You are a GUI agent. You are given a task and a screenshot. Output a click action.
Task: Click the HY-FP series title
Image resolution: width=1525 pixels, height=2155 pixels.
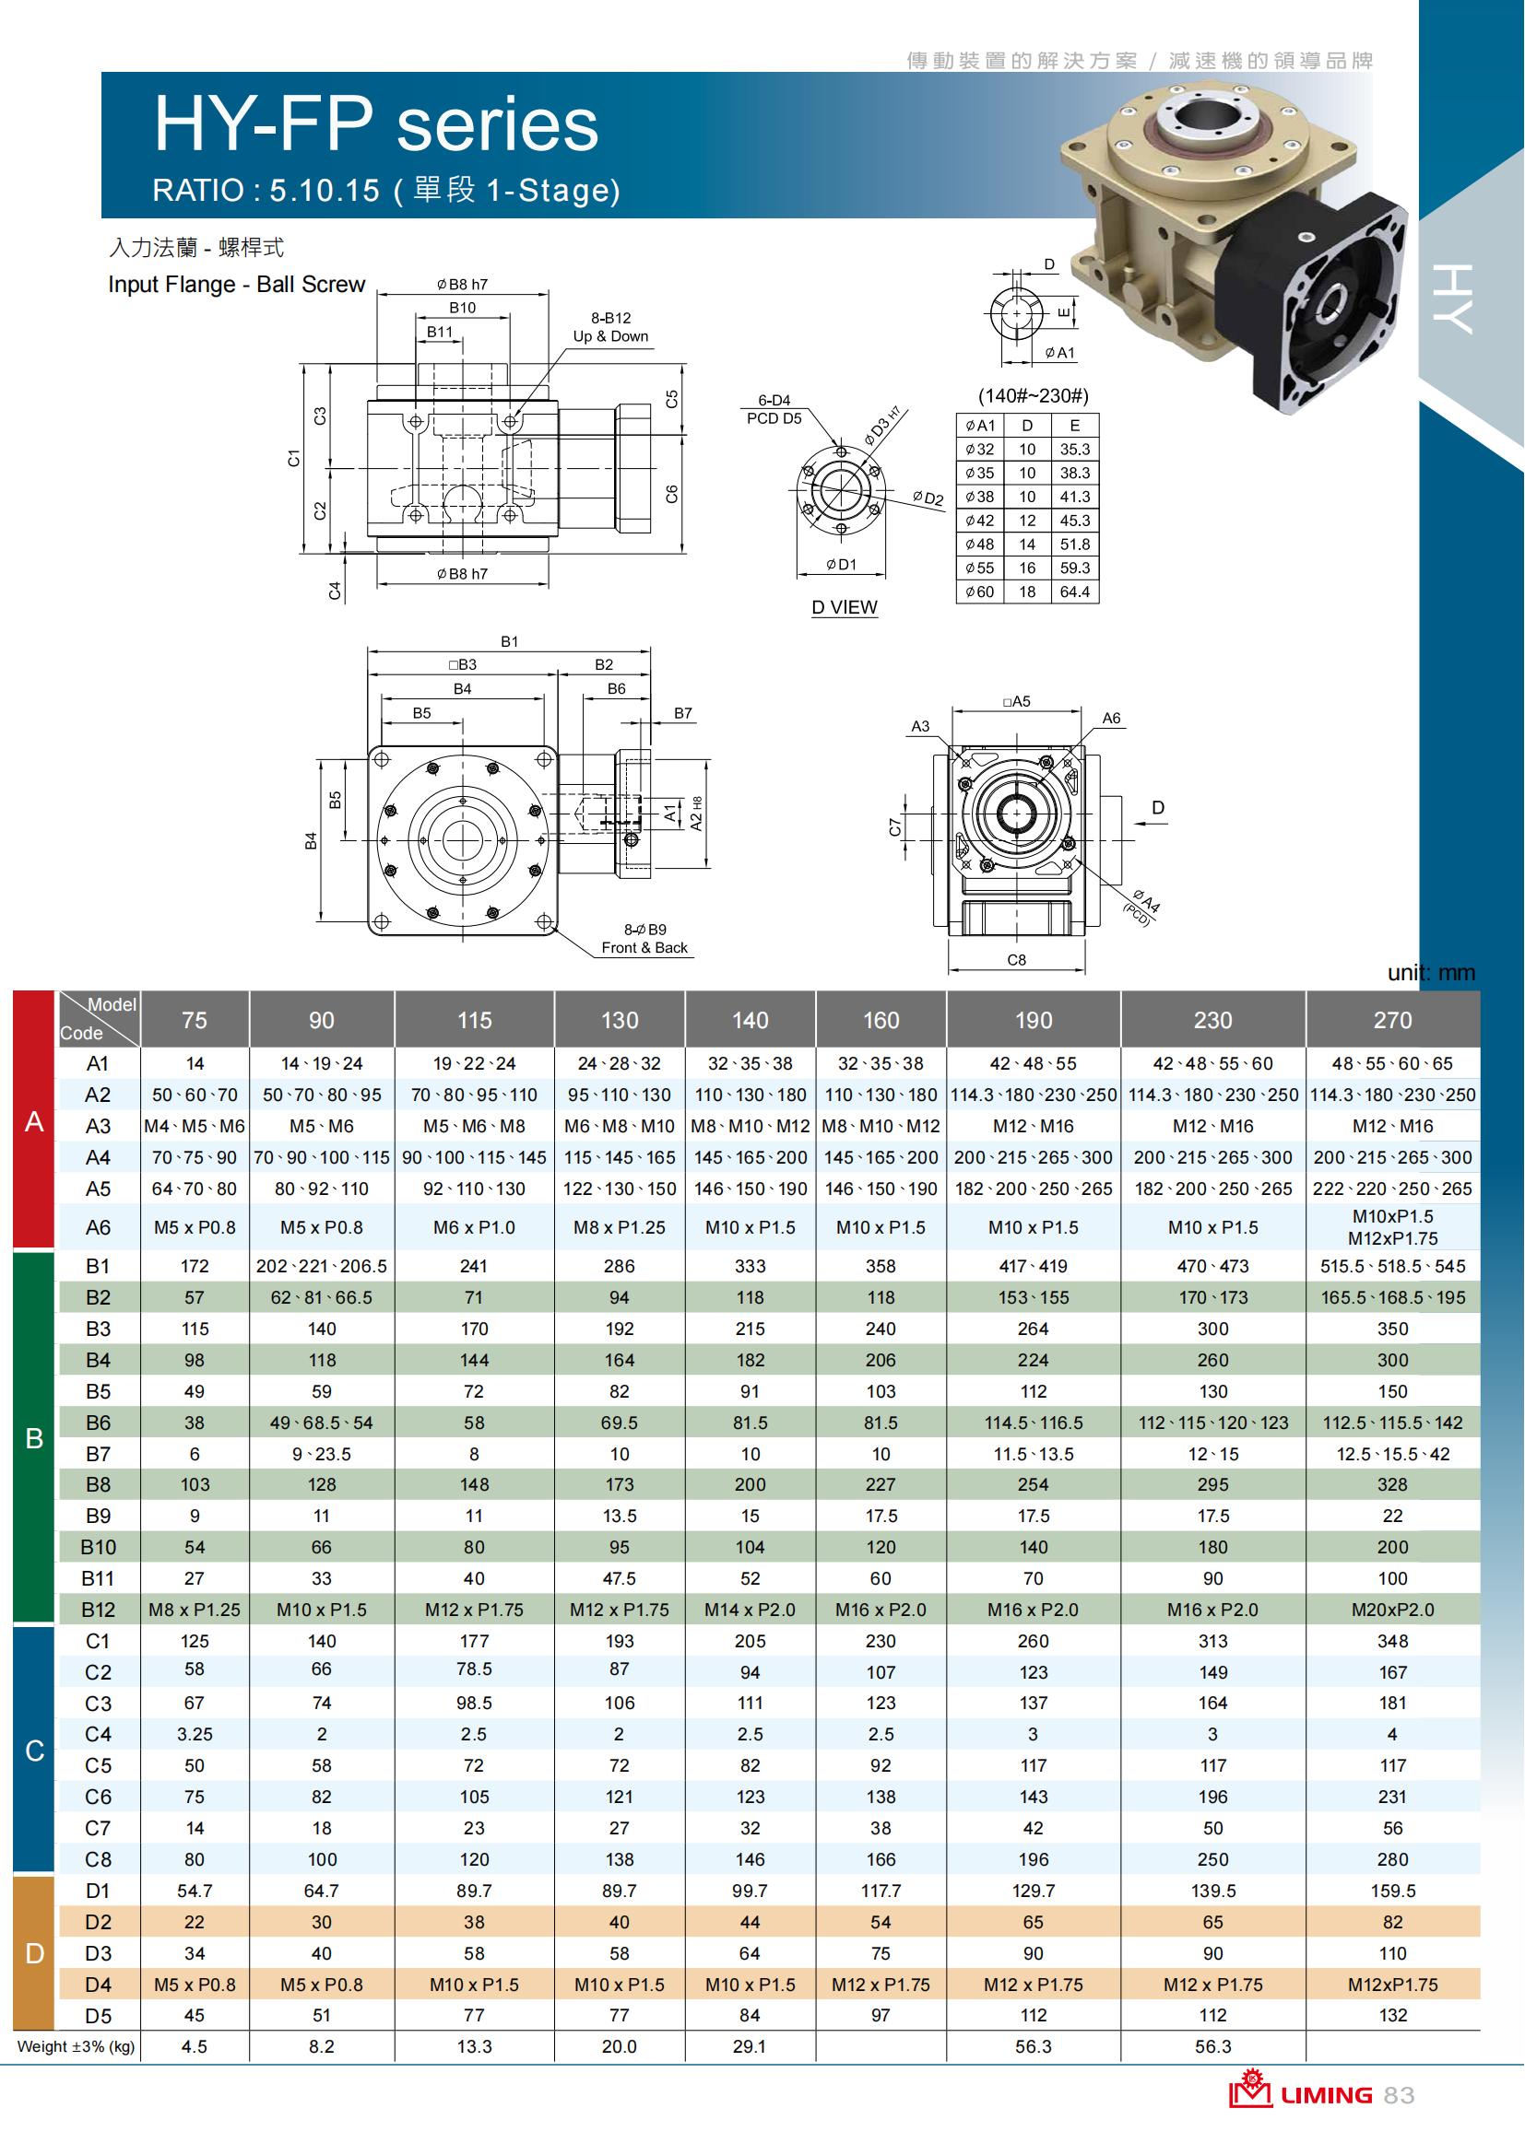coord(375,123)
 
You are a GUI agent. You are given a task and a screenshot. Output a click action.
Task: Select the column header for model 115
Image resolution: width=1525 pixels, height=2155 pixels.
coord(474,1019)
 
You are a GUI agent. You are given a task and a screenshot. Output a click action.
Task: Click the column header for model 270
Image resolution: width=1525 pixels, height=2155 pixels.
coord(1392,1019)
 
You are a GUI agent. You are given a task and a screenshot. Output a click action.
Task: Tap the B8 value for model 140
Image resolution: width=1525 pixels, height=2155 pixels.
coord(751,1484)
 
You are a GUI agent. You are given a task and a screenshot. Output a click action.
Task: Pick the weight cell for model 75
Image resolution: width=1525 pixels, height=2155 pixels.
coord(195,2046)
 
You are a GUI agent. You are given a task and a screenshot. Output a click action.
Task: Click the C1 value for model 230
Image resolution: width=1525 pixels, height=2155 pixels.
coord(1212,1641)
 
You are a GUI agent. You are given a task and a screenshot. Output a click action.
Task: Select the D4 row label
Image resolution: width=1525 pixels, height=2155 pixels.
coord(98,1985)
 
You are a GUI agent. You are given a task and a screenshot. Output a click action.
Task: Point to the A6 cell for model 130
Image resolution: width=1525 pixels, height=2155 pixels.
coord(619,1226)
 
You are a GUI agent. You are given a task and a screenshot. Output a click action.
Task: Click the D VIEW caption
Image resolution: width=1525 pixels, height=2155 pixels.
coord(845,607)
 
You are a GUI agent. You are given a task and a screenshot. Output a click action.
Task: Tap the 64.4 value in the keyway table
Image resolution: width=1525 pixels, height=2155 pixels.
coord(1075,591)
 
